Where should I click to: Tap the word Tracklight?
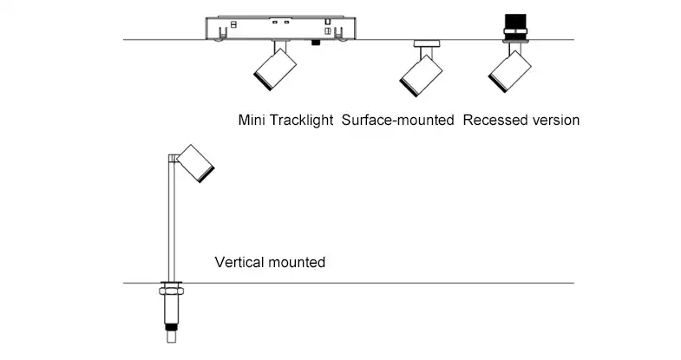(301, 120)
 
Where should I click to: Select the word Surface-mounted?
(398, 120)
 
